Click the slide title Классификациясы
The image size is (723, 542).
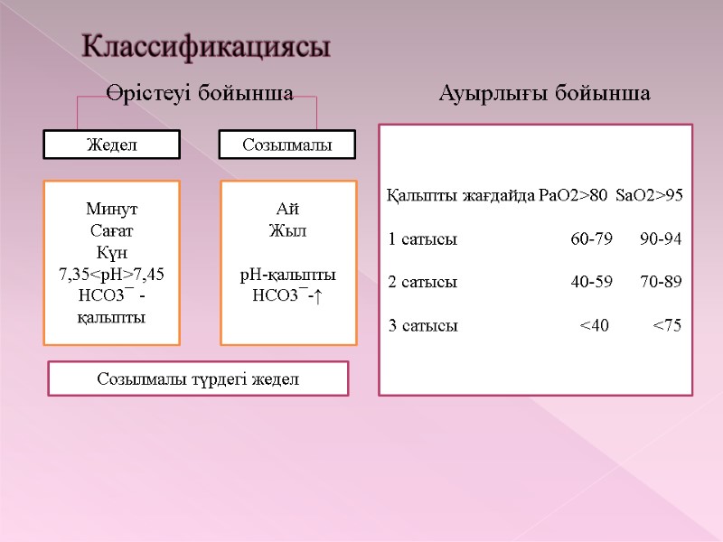tap(206, 47)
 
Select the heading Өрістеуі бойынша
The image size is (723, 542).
tap(198, 94)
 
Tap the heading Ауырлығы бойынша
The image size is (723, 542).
tap(544, 94)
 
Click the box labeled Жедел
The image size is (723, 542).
tap(113, 145)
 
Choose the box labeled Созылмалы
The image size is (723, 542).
tap(288, 145)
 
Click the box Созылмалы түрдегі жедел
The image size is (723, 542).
tap(198, 379)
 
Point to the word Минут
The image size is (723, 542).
tap(113, 209)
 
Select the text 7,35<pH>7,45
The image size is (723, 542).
tap(113, 274)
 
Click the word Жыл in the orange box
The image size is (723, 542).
tap(288, 230)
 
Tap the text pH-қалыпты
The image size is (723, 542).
tap(288, 274)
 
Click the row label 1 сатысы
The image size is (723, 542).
tap(422, 239)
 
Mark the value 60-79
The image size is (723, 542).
tap(591, 239)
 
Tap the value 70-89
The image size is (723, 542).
tap(661, 282)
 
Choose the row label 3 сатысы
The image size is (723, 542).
tap(422, 325)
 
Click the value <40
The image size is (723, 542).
tap(595, 325)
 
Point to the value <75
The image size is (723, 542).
tap(667, 325)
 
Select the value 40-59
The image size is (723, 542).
tap(591, 282)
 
